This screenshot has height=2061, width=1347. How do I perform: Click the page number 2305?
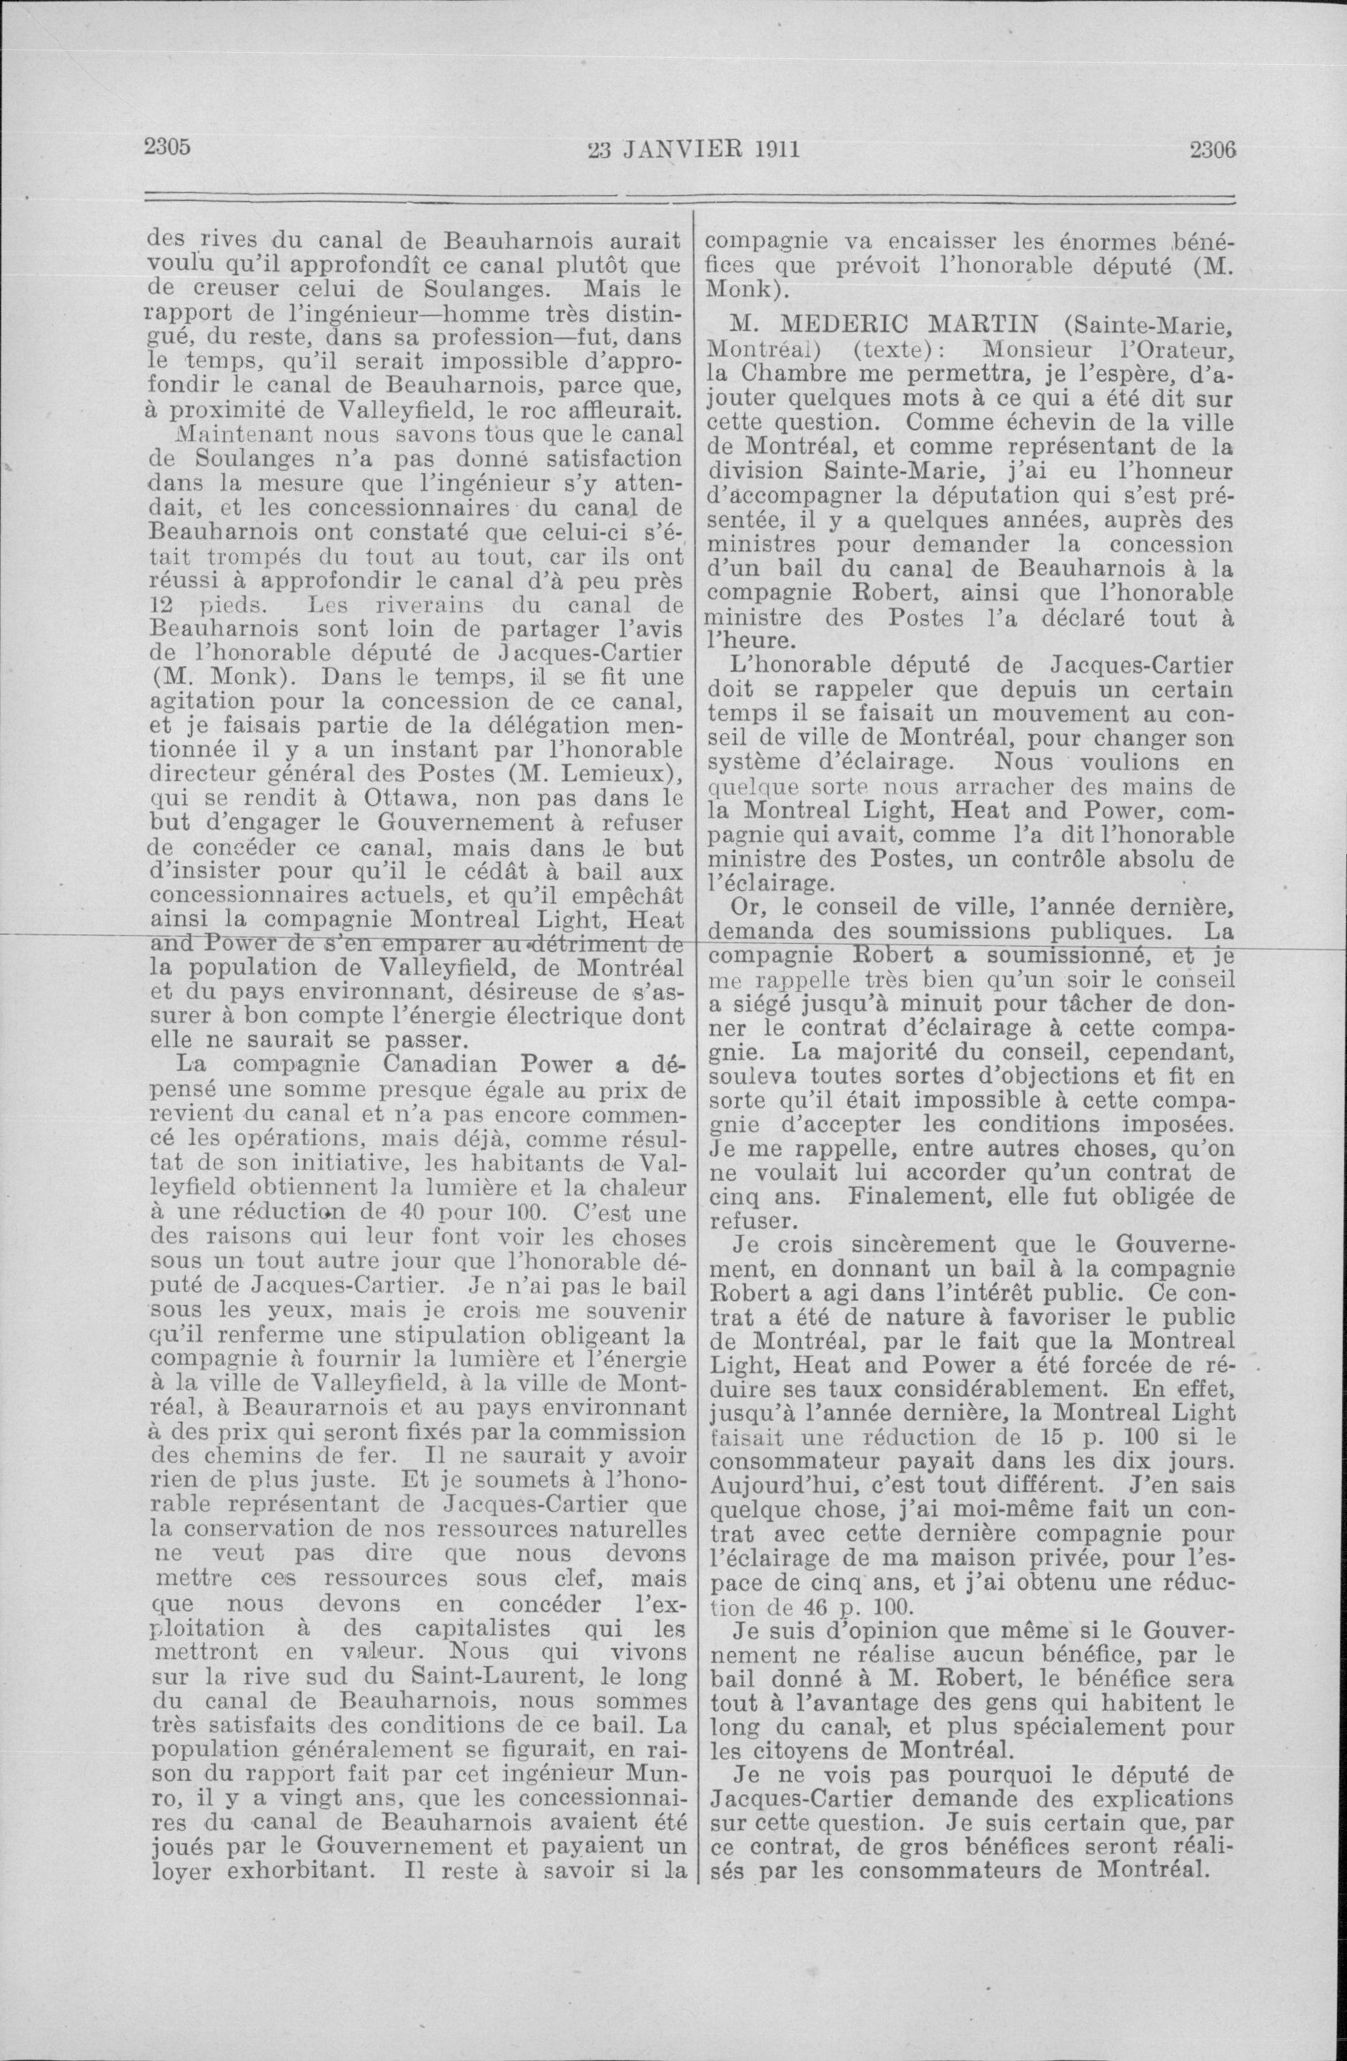(x=166, y=146)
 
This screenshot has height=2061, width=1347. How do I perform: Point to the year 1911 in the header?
(x=775, y=150)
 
